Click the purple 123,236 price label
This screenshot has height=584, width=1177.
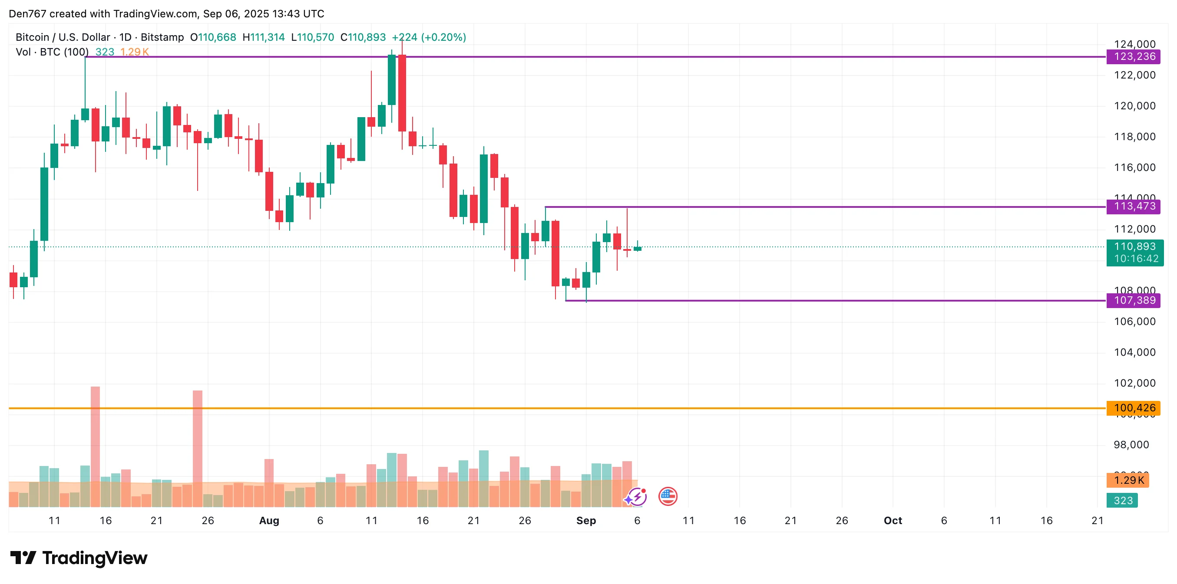pyautogui.click(x=1134, y=56)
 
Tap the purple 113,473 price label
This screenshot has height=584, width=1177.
pyautogui.click(x=1134, y=207)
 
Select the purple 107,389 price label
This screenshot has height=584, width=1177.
pyautogui.click(x=1134, y=300)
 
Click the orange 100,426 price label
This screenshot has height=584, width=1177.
pyautogui.click(x=1134, y=408)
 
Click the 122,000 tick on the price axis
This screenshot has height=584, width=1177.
pyautogui.click(x=1134, y=75)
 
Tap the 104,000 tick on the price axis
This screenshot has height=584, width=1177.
pyautogui.click(x=1134, y=352)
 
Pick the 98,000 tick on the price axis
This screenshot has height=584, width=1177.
pyautogui.click(x=1131, y=445)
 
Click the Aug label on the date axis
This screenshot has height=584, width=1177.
pyautogui.click(x=269, y=521)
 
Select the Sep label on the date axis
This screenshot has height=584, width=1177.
pyautogui.click(x=586, y=521)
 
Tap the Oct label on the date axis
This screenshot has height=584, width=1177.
pyautogui.click(x=893, y=521)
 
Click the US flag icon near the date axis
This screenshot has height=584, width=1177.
pyautogui.click(x=668, y=496)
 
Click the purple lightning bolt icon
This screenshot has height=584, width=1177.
pyautogui.click(x=636, y=496)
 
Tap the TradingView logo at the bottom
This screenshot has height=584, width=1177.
pyautogui.click(x=79, y=558)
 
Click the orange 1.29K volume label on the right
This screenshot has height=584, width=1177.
pyautogui.click(x=1127, y=480)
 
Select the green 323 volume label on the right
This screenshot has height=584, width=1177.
pyautogui.click(x=1123, y=500)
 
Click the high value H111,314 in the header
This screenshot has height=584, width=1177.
pyautogui.click(x=263, y=37)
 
